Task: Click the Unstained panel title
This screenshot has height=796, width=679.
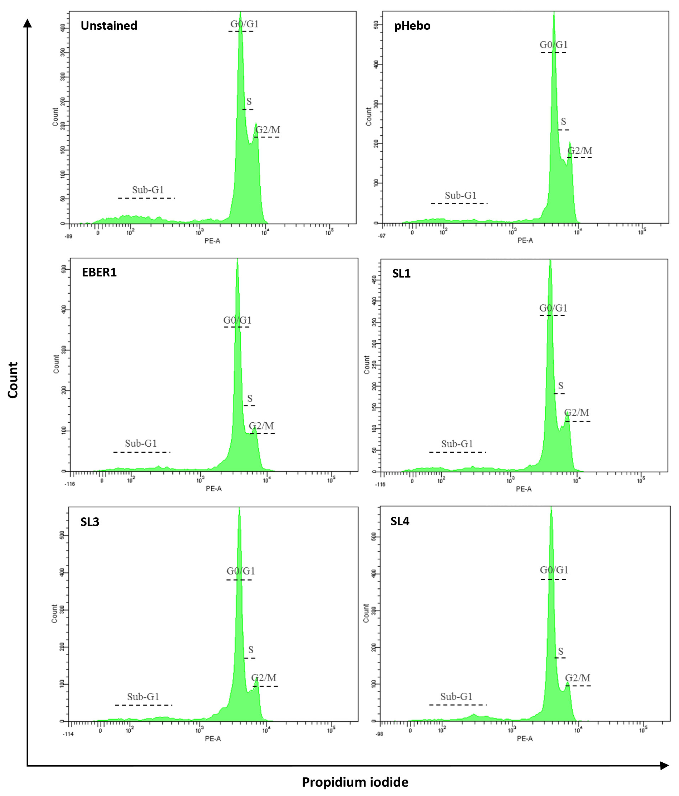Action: click(109, 26)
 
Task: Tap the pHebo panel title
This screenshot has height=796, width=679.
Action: click(412, 26)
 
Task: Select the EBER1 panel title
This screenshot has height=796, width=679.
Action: click(99, 272)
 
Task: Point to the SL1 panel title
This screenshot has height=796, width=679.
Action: click(401, 274)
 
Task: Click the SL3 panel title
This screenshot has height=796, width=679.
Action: click(89, 522)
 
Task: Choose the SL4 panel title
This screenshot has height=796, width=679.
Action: click(400, 521)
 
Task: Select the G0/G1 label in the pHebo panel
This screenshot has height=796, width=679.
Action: click(553, 45)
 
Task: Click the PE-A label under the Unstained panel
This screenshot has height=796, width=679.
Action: click(212, 241)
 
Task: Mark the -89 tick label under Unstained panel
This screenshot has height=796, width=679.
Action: click(68, 236)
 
